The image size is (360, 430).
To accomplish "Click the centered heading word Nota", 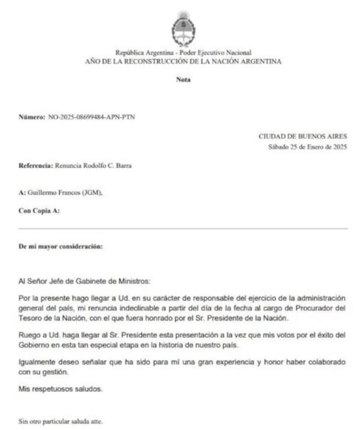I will coord(183,80).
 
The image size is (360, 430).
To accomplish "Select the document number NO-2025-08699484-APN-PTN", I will coord(91,117).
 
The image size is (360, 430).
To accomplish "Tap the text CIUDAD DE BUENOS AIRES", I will coord(303,136).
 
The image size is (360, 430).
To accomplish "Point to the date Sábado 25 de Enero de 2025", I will coord(307,147).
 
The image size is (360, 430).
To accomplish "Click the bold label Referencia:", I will coord(36,166).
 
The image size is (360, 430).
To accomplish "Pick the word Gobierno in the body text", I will coord(34,346).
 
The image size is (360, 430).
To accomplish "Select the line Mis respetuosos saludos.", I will coord(60,389).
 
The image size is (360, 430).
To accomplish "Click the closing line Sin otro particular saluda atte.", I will coord(60,421).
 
